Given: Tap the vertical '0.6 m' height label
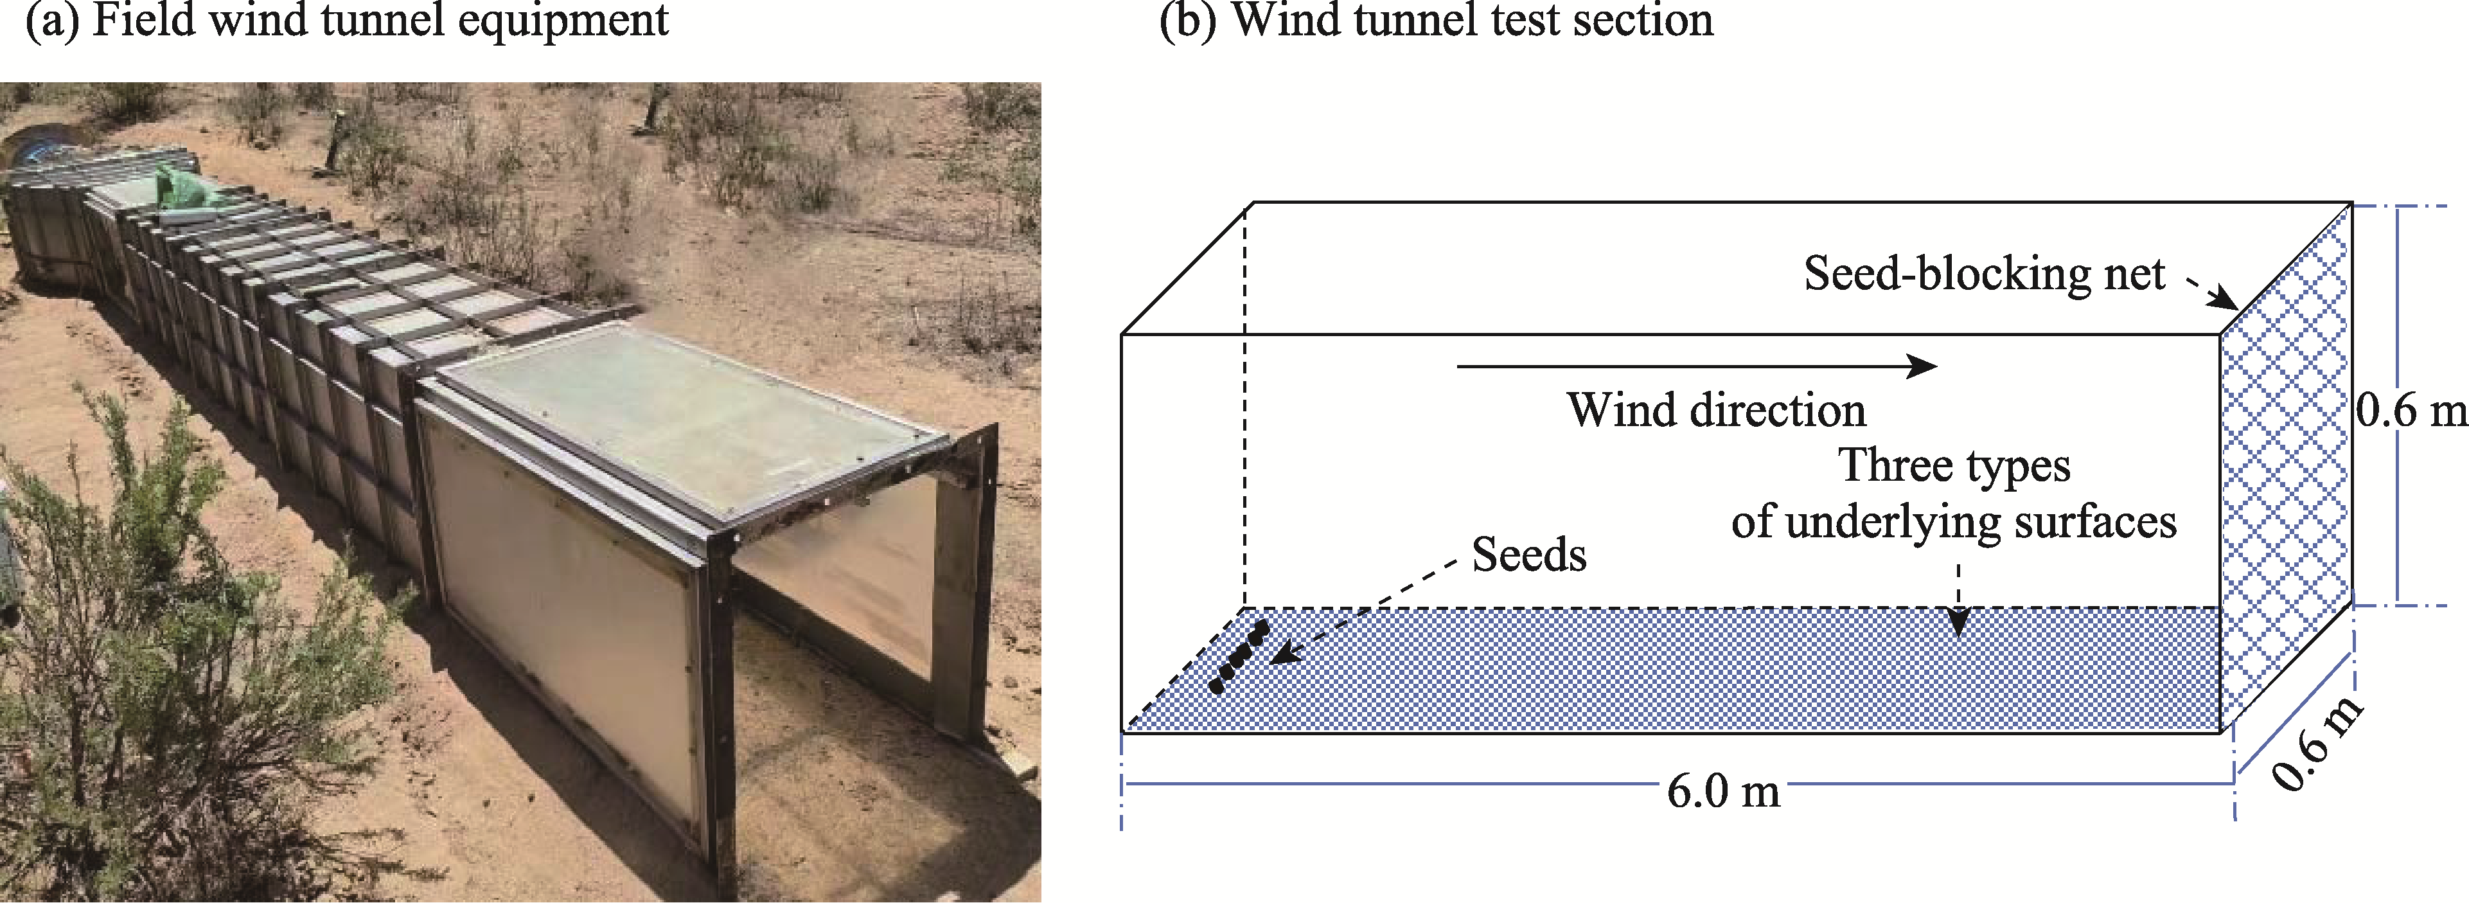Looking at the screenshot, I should click(2411, 410).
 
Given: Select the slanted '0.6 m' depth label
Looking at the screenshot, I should click(2317, 744).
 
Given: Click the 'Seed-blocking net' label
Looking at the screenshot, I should click(1983, 274).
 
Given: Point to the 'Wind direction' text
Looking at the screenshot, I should click(1715, 410).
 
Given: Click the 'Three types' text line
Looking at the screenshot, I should click(1953, 466).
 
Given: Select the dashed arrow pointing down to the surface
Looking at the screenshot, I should click(1958, 599).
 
